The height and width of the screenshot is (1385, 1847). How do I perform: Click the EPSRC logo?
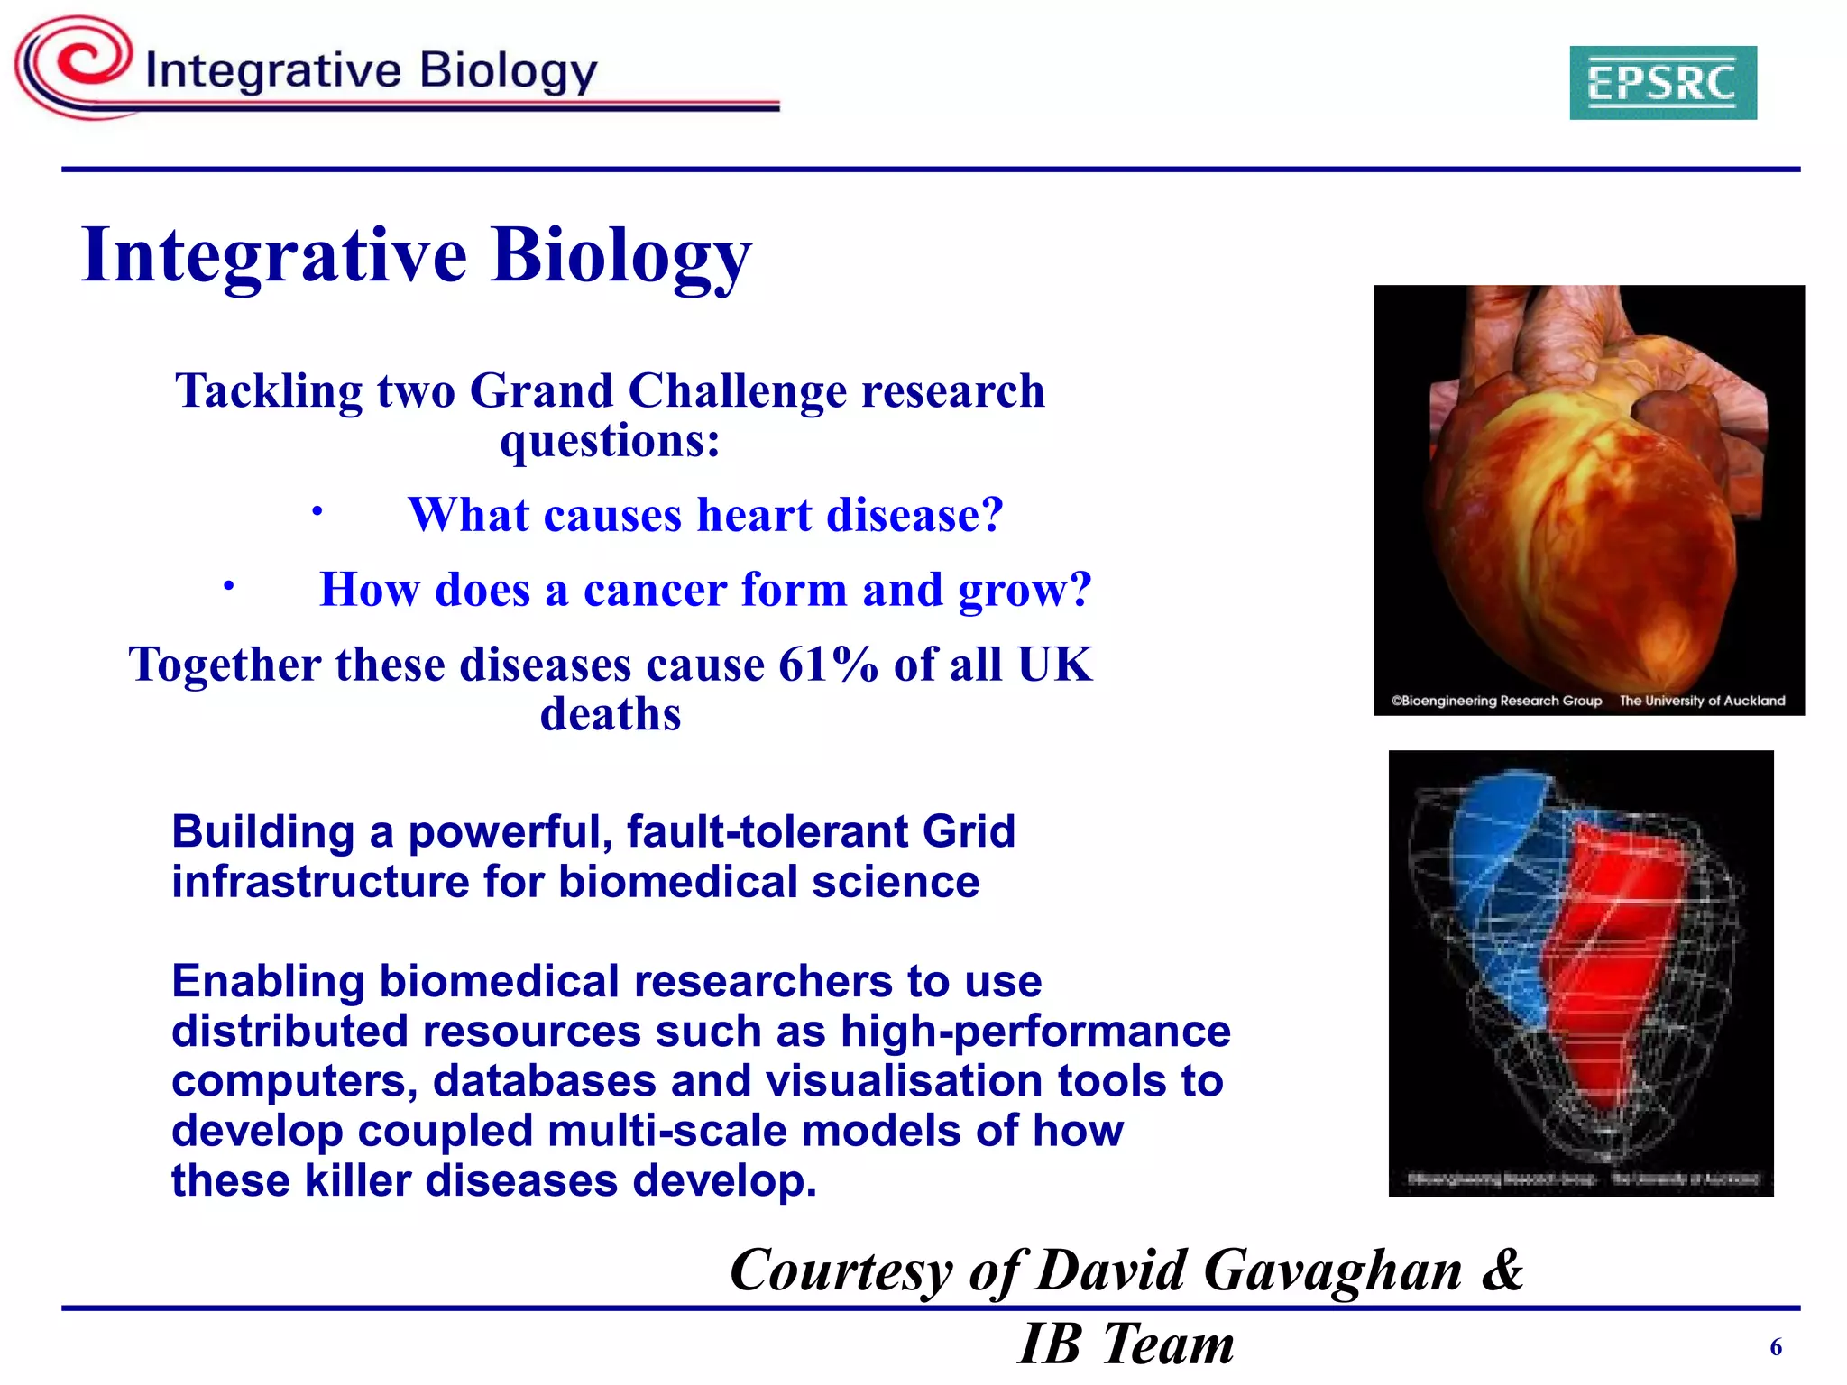click(x=1662, y=83)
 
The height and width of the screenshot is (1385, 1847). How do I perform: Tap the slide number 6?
click(x=1776, y=1347)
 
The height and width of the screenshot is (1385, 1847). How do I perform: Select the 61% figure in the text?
click(x=827, y=665)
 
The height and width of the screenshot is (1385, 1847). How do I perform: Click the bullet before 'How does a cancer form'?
click(x=229, y=587)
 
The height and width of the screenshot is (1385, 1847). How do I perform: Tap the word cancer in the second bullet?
click(x=655, y=591)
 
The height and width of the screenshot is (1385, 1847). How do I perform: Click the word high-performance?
click(x=1035, y=1032)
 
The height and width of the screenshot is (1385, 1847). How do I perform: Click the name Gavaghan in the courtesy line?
click(x=1332, y=1270)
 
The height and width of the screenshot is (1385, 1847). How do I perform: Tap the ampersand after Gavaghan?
click(x=1502, y=1270)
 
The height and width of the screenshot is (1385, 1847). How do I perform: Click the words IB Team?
click(x=1126, y=1344)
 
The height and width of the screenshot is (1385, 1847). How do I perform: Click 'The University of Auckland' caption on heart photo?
click(x=1702, y=701)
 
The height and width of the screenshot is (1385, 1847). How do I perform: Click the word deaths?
click(x=611, y=715)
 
